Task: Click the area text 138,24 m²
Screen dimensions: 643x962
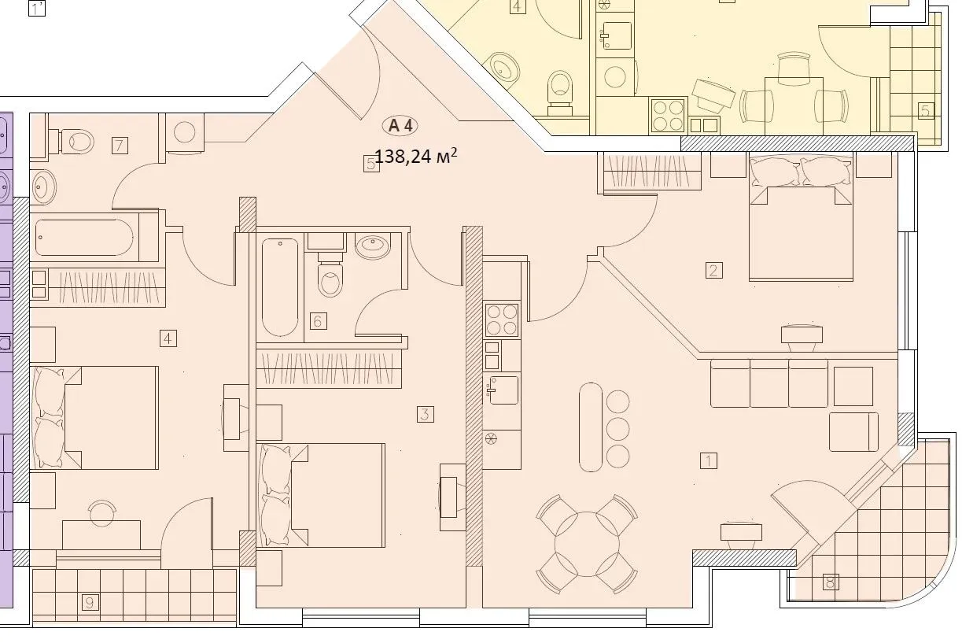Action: [415, 157]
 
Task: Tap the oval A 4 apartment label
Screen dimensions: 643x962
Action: [400, 125]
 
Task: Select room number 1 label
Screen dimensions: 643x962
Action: [709, 460]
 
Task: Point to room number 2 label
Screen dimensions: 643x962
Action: [713, 271]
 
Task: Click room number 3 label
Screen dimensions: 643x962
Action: [425, 414]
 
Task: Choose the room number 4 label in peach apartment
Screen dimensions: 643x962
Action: [167, 338]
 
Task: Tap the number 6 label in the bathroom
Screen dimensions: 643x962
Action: [318, 321]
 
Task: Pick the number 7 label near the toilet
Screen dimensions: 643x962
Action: [120, 145]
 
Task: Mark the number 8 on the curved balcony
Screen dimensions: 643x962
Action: [830, 582]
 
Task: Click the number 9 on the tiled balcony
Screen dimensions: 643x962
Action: [90, 603]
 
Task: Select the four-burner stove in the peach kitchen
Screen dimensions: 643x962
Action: [501, 320]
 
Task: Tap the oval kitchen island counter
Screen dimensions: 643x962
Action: [590, 427]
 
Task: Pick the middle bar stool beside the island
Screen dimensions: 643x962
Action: [618, 429]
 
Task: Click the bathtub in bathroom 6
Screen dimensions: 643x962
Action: [280, 286]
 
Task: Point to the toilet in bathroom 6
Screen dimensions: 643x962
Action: [331, 277]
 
